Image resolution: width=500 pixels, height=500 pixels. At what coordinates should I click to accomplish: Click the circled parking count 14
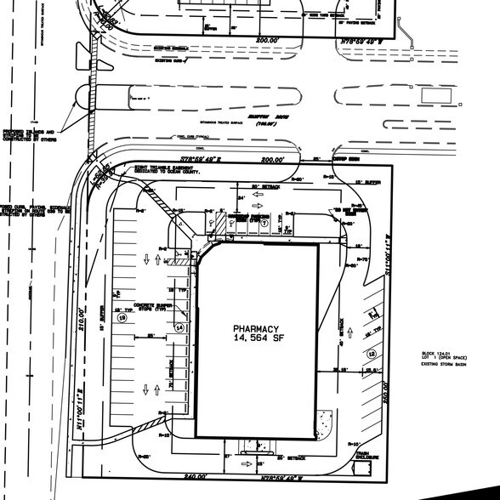click(179, 327)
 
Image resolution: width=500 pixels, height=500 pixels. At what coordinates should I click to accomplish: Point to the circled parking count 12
click(371, 353)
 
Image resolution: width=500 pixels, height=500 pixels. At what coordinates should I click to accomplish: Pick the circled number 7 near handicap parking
click(264, 224)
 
